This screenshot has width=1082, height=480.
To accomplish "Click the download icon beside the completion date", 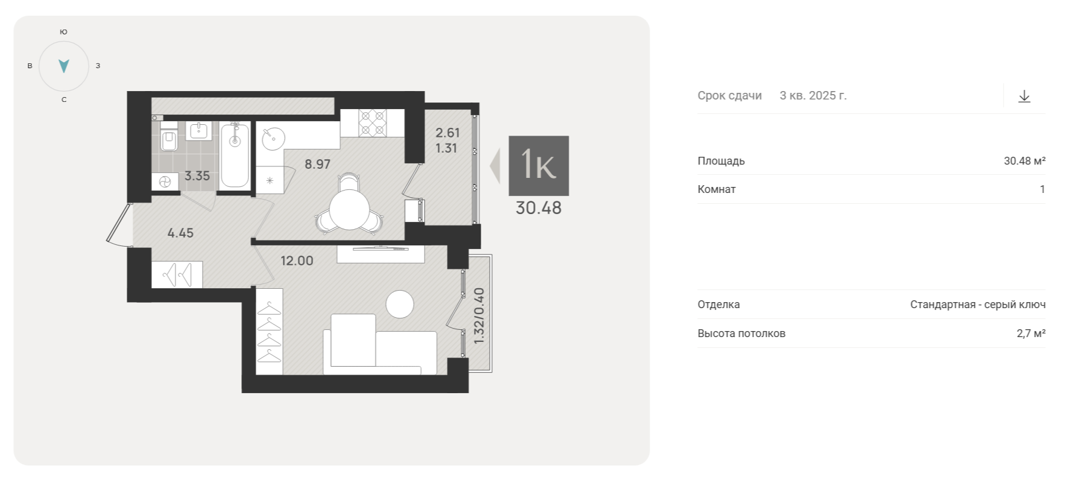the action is [1024, 96].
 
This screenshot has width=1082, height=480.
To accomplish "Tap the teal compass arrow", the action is [64, 66].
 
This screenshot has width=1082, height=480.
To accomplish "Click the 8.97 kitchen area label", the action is [317, 164].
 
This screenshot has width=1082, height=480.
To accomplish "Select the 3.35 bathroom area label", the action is [197, 176].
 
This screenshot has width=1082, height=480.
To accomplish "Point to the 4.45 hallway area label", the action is [180, 233].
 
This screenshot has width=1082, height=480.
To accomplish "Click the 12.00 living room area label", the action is [297, 261].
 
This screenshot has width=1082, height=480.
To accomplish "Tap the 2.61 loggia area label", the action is [448, 133].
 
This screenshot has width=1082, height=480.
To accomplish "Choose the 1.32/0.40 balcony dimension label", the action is [479, 316].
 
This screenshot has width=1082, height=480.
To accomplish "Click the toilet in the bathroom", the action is [169, 137].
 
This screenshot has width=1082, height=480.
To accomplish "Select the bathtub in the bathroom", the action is [235, 155].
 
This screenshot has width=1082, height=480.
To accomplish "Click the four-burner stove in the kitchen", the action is [372, 122].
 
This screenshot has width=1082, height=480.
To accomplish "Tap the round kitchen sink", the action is [273, 138].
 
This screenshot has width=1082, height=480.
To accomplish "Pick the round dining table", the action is [349, 210].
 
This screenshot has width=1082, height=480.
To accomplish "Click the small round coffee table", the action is [400, 304].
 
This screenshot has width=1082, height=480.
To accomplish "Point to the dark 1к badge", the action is [539, 166].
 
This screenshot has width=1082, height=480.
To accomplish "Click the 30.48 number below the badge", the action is [539, 208].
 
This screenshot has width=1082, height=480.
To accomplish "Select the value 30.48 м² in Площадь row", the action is [1025, 161].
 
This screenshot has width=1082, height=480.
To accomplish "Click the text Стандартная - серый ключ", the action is [978, 305].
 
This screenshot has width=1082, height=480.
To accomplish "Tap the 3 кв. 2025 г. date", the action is [813, 95].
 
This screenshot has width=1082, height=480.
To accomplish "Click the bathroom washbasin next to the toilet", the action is [198, 131].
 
